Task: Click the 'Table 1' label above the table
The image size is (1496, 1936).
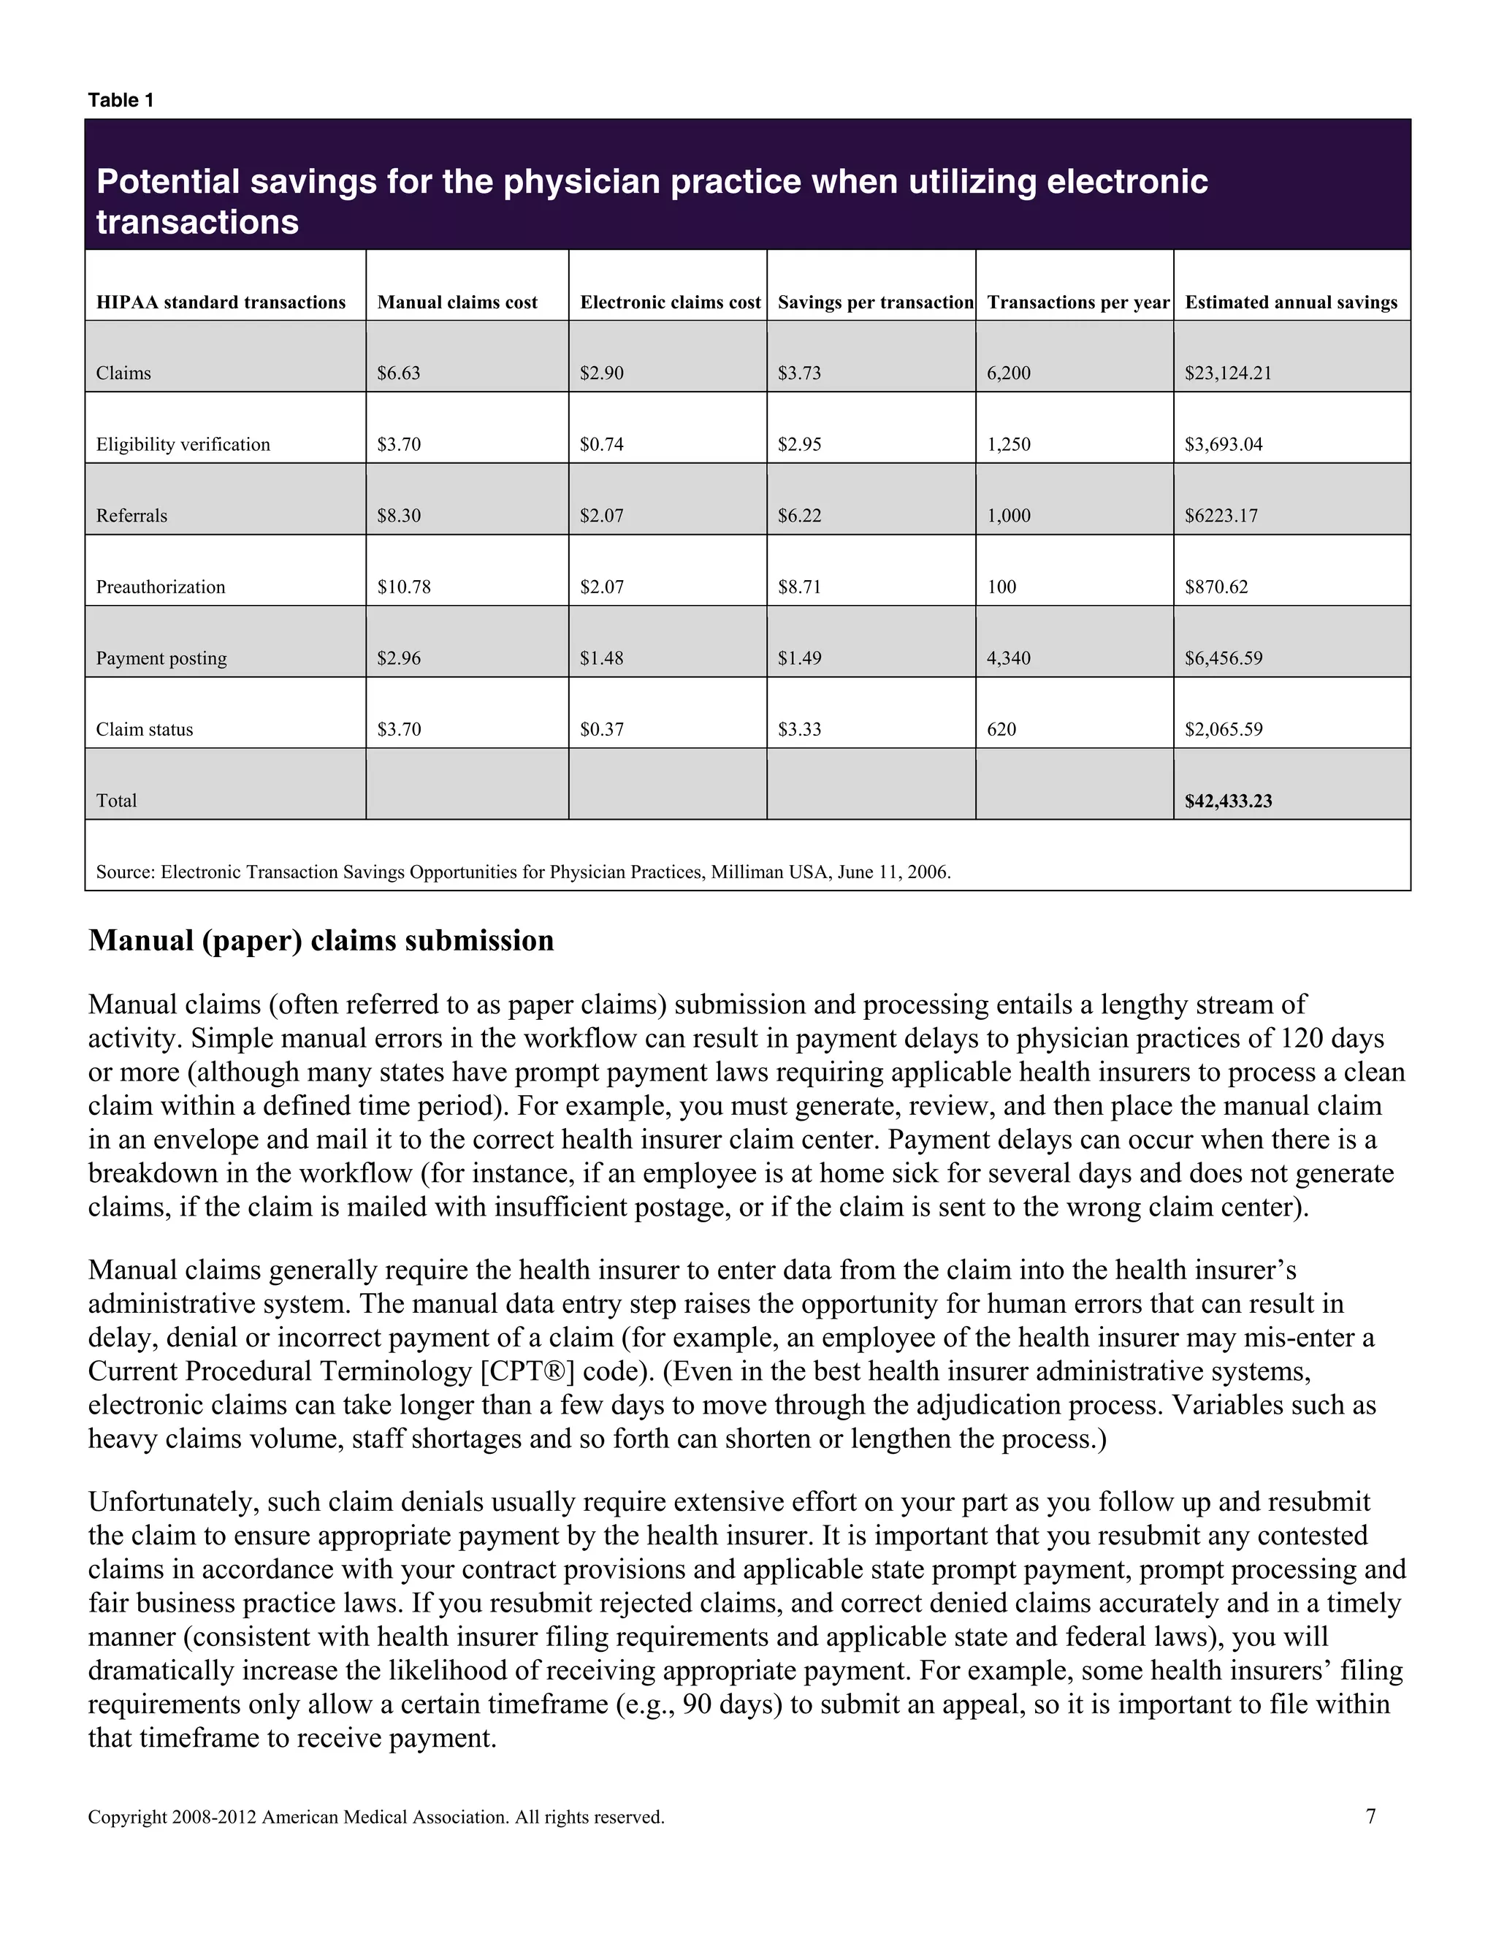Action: (121, 100)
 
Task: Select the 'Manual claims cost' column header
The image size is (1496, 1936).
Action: (457, 302)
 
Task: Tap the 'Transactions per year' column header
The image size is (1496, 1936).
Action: (1077, 302)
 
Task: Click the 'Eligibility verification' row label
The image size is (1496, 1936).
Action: (183, 444)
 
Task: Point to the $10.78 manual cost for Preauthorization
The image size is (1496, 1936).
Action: (404, 587)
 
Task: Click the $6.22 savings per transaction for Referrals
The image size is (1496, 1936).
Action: (799, 516)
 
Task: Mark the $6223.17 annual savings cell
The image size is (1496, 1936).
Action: (1221, 516)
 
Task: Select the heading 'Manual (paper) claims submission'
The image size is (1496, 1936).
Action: (321, 940)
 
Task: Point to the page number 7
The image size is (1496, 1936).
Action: (1371, 1817)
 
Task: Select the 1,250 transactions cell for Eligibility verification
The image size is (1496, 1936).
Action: (1009, 444)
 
